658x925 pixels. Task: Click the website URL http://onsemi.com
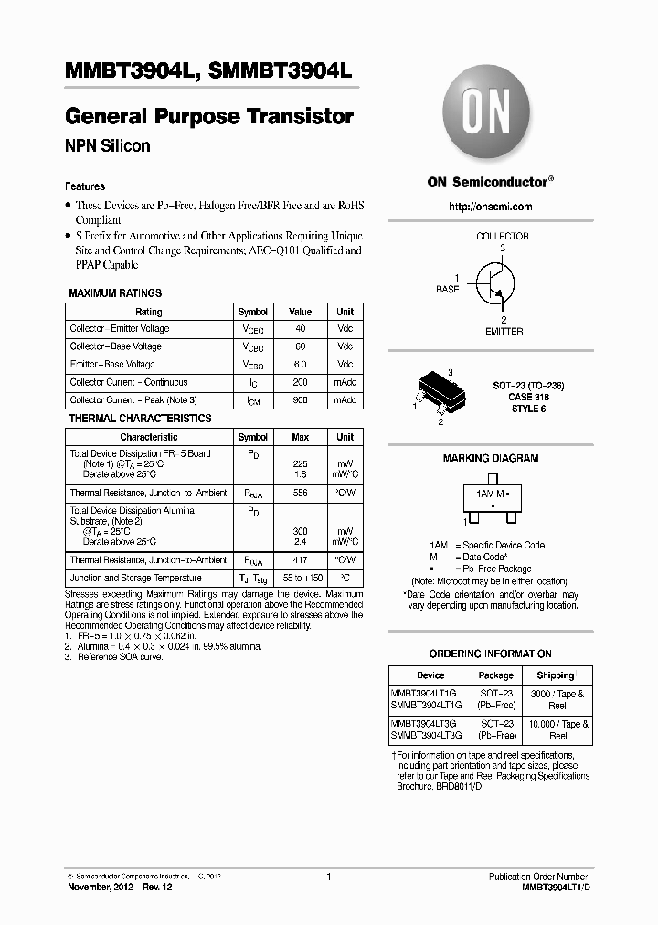click(491, 207)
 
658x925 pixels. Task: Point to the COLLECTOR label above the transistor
click(502, 236)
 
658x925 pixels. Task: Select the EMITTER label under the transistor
click(504, 331)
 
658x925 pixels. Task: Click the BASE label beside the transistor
click(448, 289)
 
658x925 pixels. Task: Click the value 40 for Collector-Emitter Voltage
click(300, 329)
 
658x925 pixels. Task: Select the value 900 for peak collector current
click(300, 400)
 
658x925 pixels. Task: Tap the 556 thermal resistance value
click(300, 494)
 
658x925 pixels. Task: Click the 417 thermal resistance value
click(300, 560)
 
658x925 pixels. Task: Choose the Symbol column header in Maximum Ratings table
click(253, 312)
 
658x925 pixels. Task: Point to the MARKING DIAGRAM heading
click(491, 458)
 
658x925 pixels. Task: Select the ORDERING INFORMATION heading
click(491, 654)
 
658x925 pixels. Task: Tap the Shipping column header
click(556, 675)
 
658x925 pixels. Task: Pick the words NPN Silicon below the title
click(108, 146)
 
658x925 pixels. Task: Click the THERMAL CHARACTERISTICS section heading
click(140, 419)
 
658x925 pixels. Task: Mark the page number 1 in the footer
click(328, 877)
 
